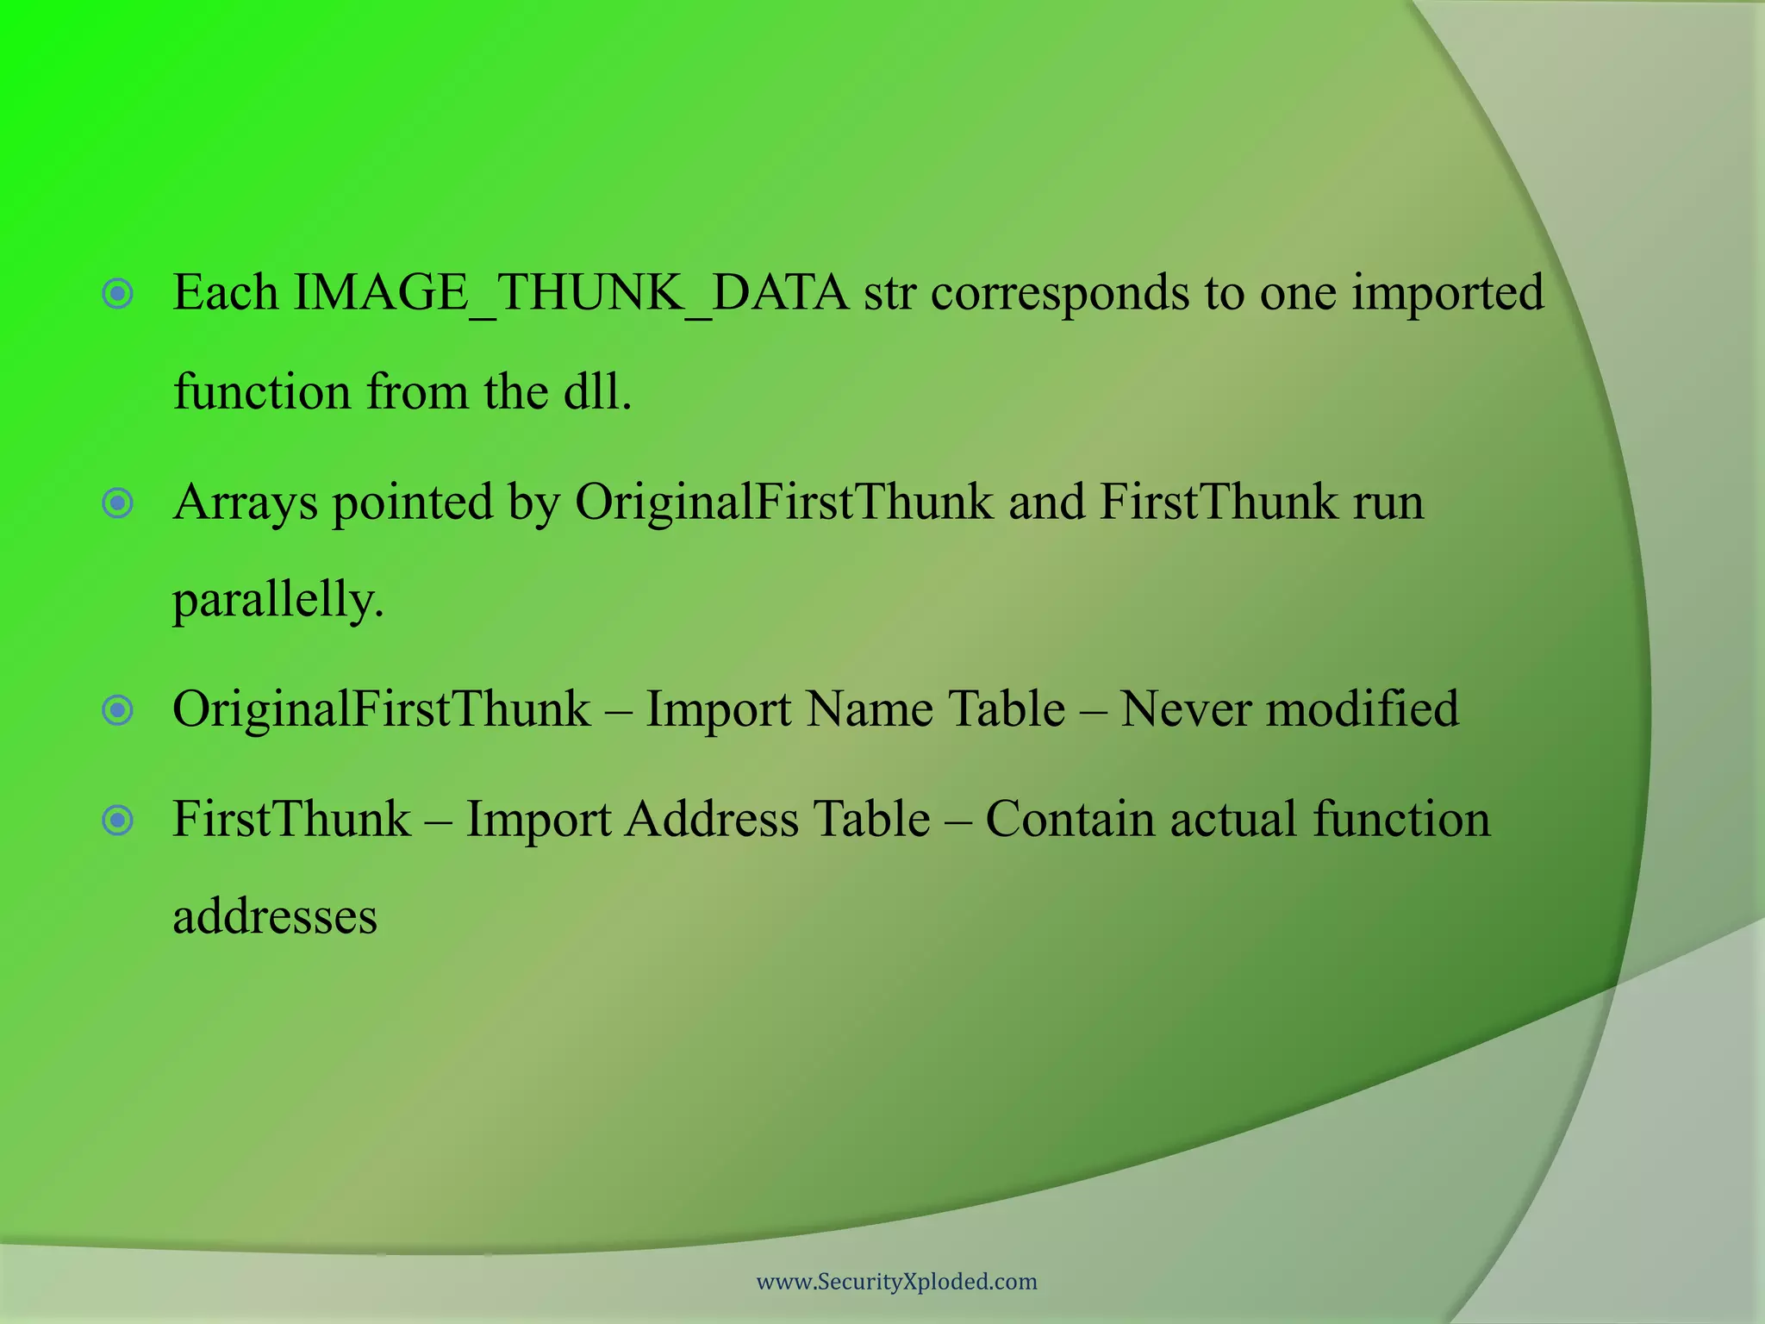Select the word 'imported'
pos(1447,293)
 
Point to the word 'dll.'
pos(597,392)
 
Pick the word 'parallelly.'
pos(278,601)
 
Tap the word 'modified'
pos(1363,709)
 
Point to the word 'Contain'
pos(1070,819)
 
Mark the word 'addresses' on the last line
pos(275,916)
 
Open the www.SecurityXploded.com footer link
pos(896,1282)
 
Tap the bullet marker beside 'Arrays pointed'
pos(118,503)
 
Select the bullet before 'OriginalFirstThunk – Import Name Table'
pos(118,711)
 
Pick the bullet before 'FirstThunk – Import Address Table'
pos(118,821)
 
